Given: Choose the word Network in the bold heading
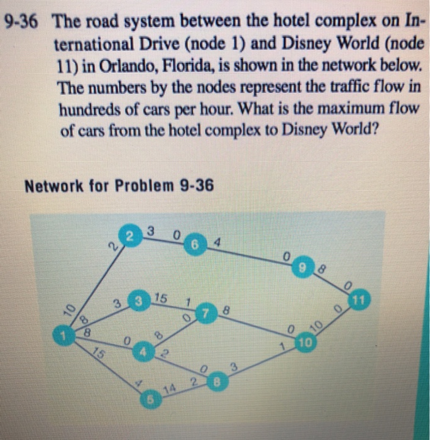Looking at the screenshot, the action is click(x=50, y=186).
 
